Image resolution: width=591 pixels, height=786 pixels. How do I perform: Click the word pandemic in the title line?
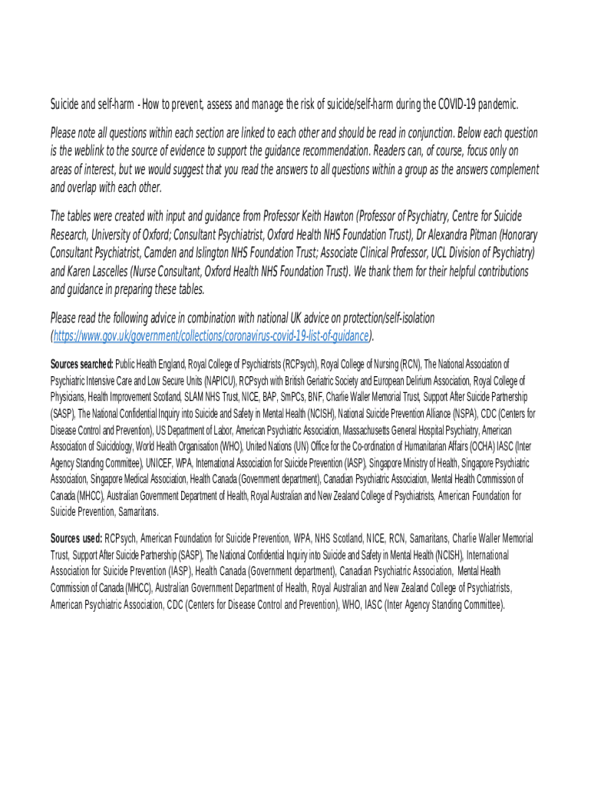pyautogui.click(x=496, y=104)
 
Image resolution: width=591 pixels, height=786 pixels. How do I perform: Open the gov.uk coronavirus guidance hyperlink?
pyautogui.click(x=211, y=335)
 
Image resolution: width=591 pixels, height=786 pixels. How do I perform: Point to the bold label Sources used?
pyautogui.click(x=76, y=538)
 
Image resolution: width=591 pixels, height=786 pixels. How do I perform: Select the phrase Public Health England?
pyautogui.click(x=152, y=364)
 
